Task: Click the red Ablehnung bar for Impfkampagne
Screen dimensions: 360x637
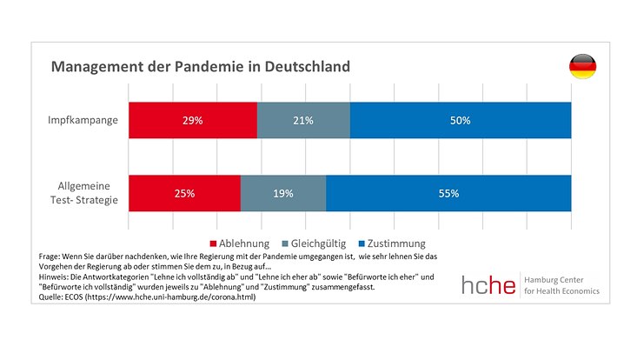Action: click(193, 120)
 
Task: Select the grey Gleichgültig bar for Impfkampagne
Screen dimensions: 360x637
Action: click(303, 120)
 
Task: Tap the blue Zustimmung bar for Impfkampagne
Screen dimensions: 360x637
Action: click(461, 120)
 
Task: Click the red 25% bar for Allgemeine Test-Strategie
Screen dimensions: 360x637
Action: click(184, 193)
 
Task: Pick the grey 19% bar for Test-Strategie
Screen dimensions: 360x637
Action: click(283, 193)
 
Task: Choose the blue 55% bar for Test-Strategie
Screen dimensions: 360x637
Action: click(448, 193)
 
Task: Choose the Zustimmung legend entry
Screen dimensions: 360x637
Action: click(395, 243)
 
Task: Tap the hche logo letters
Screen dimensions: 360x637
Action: click(489, 283)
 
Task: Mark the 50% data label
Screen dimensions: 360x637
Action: click(461, 120)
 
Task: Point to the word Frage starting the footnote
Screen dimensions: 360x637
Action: click(50, 257)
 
